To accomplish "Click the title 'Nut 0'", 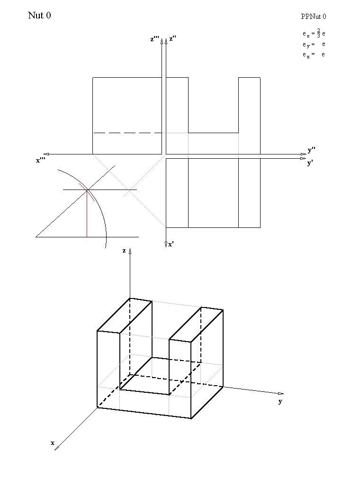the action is click(x=39, y=15).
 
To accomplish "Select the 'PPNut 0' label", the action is click(x=314, y=17).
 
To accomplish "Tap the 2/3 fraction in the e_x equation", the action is click(x=319, y=33).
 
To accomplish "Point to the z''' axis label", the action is click(x=154, y=39).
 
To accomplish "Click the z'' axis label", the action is click(x=173, y=38).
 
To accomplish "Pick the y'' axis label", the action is click(x=312, y=150).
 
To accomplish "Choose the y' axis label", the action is click(x=310, y=163).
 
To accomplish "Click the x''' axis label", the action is click(x=40, y=160).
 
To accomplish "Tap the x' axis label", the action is click(x=171, y=244).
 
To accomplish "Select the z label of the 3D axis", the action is click(x=124, y=251).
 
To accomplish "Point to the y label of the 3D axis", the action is click(x=280, y=401).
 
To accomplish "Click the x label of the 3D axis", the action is click(x=53, y=443).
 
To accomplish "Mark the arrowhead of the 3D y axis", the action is click(x=280, y=394).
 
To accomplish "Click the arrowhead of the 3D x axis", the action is click(x=57, y=448).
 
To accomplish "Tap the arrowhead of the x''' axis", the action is click(x=46, y=154).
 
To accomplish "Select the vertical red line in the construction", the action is click(x=87, y=214).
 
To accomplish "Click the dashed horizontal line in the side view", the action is click(x=127, y=133).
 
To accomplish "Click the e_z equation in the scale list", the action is click(x=314, y=55).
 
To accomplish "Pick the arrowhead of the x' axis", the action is click(x=166, y=244).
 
